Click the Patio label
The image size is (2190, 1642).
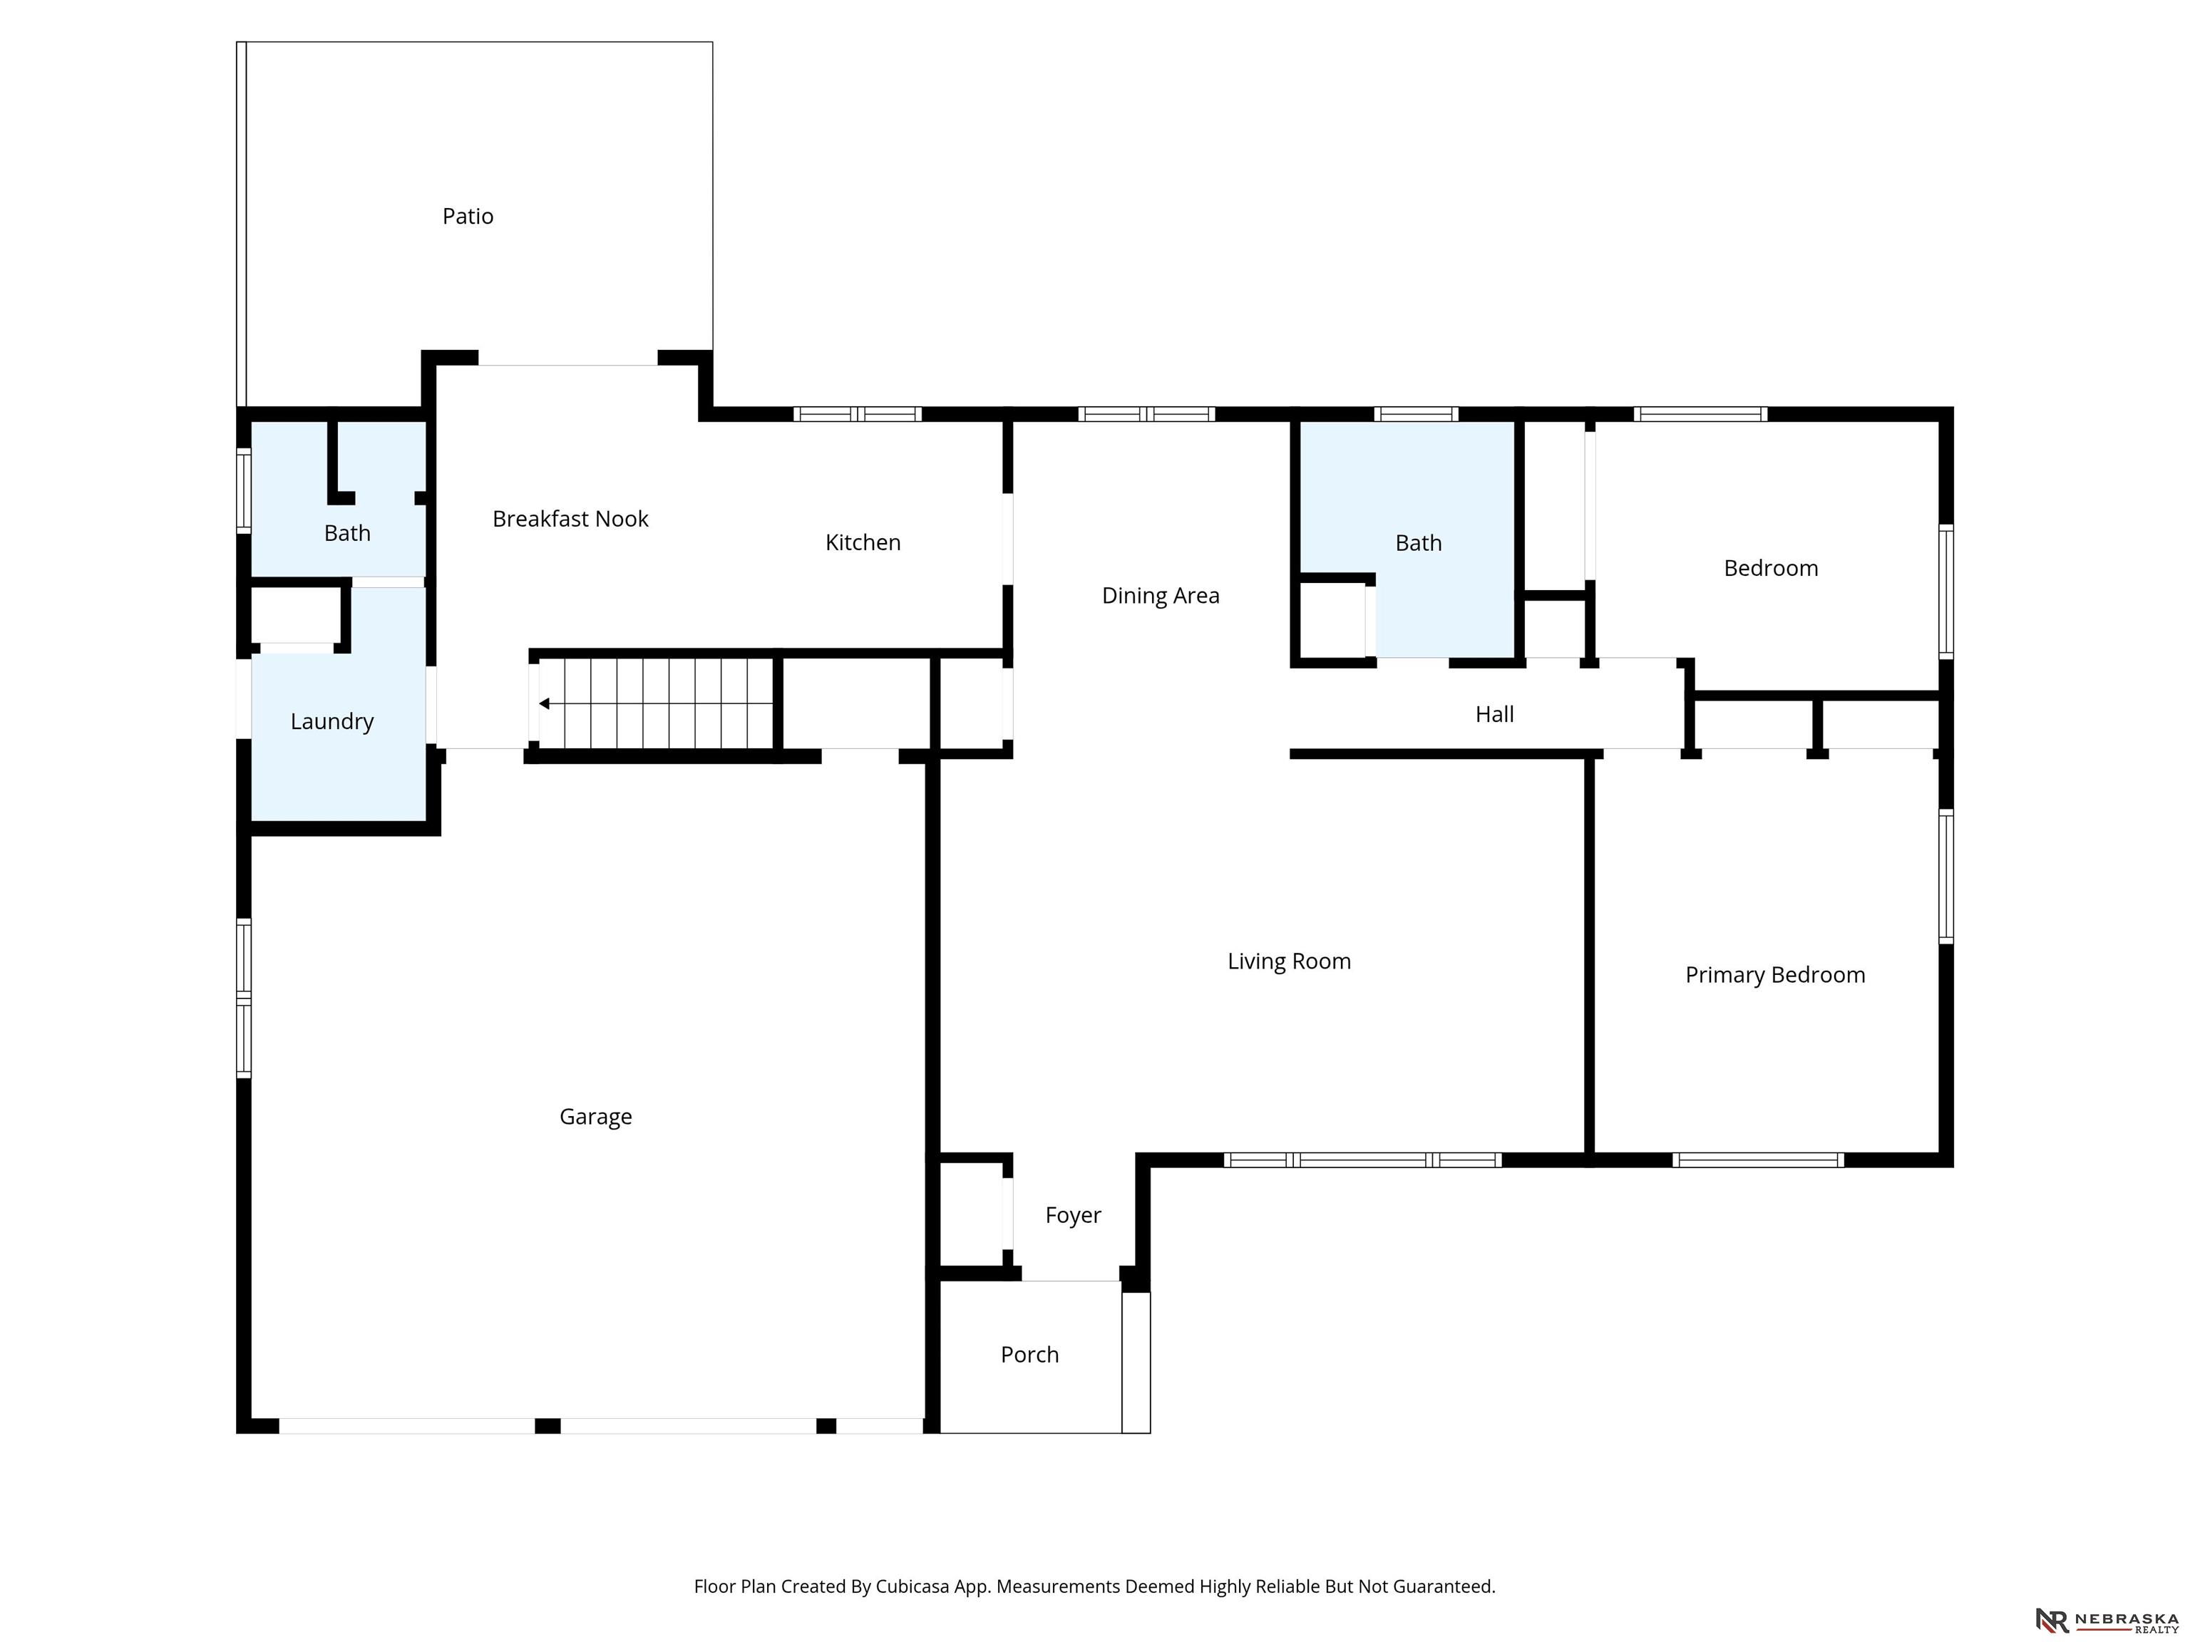468,216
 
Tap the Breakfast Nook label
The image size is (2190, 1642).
570,519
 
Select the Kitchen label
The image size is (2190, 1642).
863,542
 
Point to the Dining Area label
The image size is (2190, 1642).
1161,596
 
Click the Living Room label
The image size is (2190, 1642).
1289,961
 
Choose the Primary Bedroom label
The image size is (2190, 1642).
1775,975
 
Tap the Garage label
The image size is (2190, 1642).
595,1117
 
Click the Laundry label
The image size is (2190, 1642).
331,721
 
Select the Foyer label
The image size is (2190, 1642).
1073,1215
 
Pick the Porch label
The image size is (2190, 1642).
1029,1355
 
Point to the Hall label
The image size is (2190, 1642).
1495,715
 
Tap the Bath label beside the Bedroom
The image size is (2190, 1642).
1418,543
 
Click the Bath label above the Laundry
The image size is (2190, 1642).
346,534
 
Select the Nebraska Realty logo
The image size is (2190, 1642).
2107,1620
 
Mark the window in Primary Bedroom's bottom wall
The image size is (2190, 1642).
1758,1160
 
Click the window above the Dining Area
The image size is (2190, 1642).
1146,415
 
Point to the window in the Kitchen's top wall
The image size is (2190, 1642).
858,415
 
